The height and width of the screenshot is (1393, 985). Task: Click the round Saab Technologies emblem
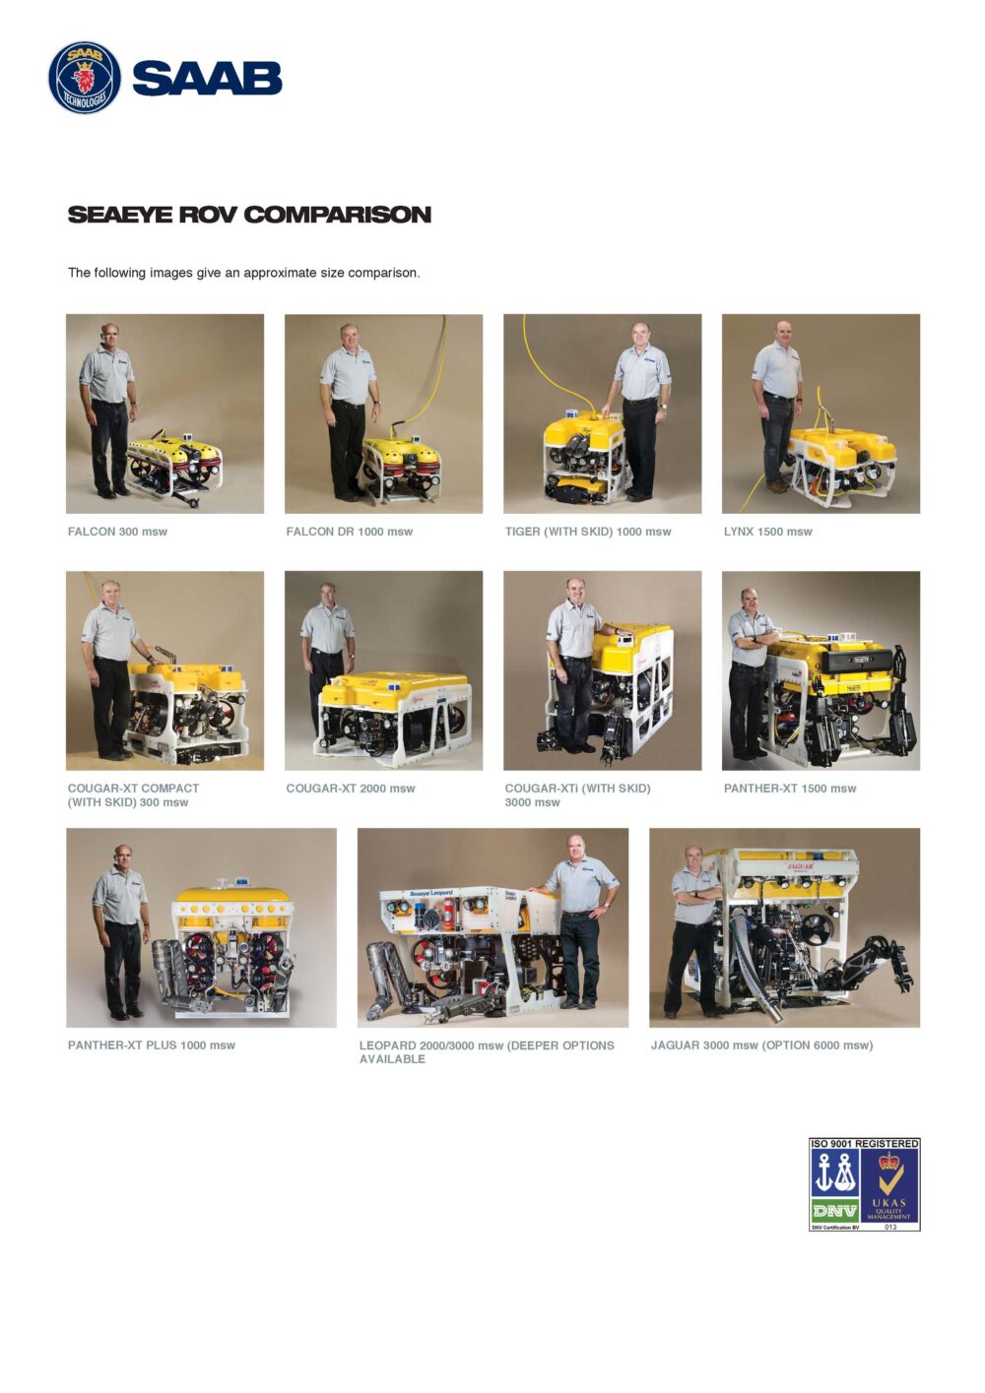pos(85,78)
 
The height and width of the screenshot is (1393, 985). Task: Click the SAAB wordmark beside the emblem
pos(207,79)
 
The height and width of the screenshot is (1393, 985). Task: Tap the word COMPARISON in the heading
pos(337,215)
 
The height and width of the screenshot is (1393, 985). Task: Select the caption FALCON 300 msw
pos(117,532)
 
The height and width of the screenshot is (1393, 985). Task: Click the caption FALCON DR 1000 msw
pos(349,532)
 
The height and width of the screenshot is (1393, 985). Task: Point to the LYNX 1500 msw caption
pos(767,532)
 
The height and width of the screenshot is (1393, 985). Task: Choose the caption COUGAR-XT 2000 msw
pos(350,789)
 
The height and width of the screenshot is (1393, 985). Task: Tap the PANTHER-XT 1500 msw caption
pos(789,789)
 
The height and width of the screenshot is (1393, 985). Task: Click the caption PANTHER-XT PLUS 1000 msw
pos(151,1045)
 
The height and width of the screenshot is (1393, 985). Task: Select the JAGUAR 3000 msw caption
pos(761,1045)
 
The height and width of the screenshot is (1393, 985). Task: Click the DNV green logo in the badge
pos(835,1210)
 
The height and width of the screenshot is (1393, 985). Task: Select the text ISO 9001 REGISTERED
pos(864,1144)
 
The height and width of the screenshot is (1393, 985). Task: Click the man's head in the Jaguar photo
pos(694,855)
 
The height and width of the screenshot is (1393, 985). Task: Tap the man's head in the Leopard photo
pos(576,846)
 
